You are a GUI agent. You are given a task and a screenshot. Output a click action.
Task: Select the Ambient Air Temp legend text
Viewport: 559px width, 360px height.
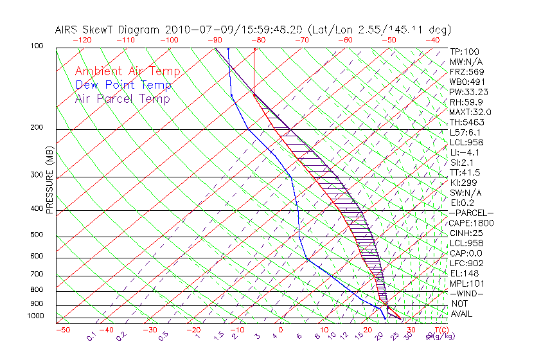[x=127, y=71]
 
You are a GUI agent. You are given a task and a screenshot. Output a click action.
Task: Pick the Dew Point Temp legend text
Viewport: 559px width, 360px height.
[x=123, y=85]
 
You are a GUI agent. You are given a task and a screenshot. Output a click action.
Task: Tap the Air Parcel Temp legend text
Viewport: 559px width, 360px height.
[x=122, y=98]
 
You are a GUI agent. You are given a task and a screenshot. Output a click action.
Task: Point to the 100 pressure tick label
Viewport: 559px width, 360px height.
[x=37, y=46]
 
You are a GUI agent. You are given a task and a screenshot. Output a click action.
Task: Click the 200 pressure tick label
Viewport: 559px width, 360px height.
[x=37, y=127]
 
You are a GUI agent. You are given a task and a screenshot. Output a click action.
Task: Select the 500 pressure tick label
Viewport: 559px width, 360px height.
[x=37, y=235]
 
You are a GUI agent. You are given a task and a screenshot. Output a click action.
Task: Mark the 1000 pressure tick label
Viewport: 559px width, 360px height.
[x=35, y=316]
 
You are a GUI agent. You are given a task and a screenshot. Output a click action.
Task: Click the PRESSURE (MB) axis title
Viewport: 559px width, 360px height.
[x=49, y=184]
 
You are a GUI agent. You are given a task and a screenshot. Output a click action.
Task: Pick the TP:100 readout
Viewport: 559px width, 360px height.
[x=464, y=52]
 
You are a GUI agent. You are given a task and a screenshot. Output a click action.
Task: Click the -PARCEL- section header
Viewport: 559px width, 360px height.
[x=471, y=213]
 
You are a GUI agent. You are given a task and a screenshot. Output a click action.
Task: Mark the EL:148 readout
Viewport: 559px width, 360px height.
[x=463, y=273]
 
